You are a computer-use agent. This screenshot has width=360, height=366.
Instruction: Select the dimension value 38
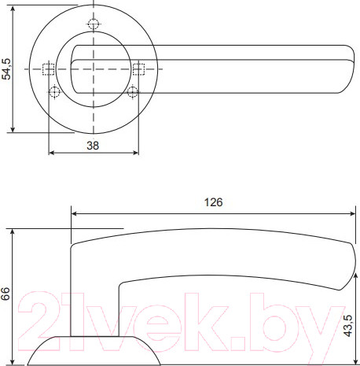tap(92, 146)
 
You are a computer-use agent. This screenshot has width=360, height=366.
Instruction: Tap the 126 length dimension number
tap(213, 201)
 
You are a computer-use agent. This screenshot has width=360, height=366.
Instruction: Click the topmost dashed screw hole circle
tap(93, 23)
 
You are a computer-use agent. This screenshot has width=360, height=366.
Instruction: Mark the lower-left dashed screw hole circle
tap(54, 93)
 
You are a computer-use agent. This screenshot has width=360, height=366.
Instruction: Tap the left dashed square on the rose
tap(48, 68)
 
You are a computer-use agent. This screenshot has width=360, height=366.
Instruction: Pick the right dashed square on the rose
tap(138, 68)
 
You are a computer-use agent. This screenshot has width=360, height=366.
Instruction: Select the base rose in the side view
tap(94, 350)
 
